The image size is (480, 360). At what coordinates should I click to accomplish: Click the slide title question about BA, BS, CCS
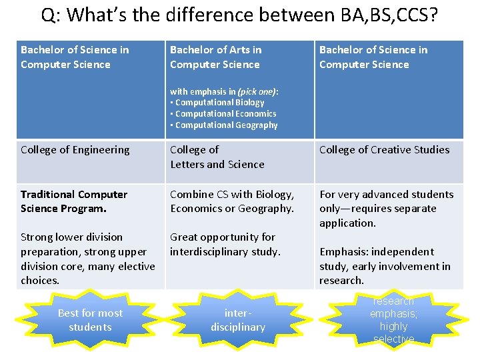click(239, 15)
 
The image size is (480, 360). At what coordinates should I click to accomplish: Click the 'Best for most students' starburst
click(90, 320)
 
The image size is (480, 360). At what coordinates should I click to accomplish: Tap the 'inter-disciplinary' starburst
click(238, 320)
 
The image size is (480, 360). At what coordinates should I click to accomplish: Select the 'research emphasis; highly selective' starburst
click(393, 320)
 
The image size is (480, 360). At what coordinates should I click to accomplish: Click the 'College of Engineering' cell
click(75, 150)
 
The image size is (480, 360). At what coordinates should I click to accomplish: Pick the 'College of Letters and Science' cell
click(217, 157)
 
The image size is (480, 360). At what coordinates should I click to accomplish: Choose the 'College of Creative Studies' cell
click(384, 150)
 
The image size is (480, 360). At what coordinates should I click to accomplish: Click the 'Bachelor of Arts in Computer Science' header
click(215, 57)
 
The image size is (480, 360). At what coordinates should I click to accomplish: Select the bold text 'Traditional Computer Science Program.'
click(73, 201)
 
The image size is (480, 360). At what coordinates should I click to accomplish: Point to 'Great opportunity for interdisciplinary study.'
click(225, 244)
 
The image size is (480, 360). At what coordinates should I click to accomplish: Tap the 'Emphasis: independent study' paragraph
click(385, 266)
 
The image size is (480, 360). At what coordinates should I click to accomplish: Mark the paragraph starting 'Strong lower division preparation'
click(87, 259)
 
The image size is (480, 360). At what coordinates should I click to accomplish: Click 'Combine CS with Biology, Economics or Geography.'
click(232, 201)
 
